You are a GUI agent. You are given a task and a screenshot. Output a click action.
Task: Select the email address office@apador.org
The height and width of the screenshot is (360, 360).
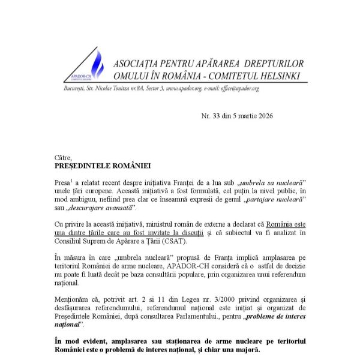(239, 88)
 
